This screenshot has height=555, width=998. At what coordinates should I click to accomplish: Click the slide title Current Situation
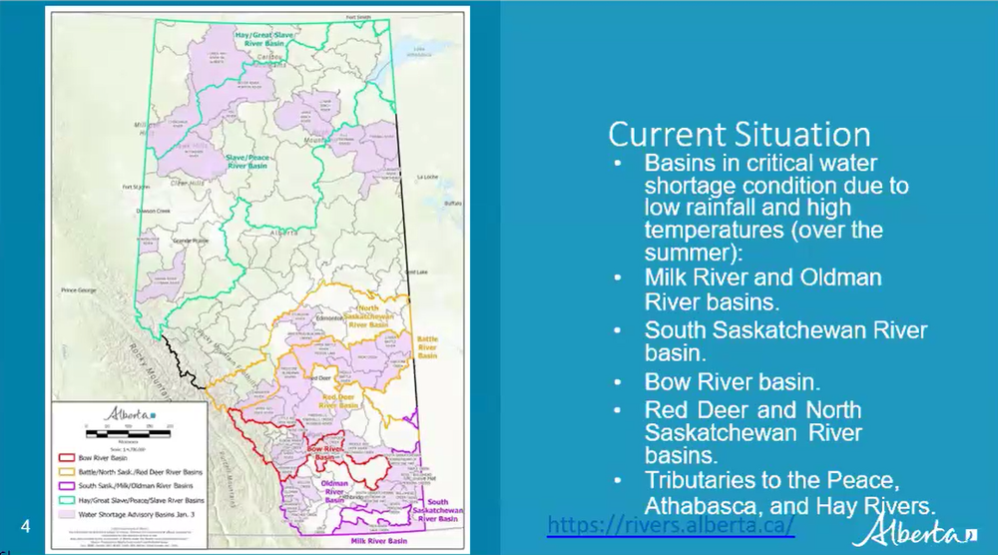tap(740, 135)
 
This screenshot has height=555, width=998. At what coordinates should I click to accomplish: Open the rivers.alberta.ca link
tap(671, 523)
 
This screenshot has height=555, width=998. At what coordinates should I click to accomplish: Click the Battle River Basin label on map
tap(427, 347)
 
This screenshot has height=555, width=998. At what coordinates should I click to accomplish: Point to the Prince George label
tap(82, 290)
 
